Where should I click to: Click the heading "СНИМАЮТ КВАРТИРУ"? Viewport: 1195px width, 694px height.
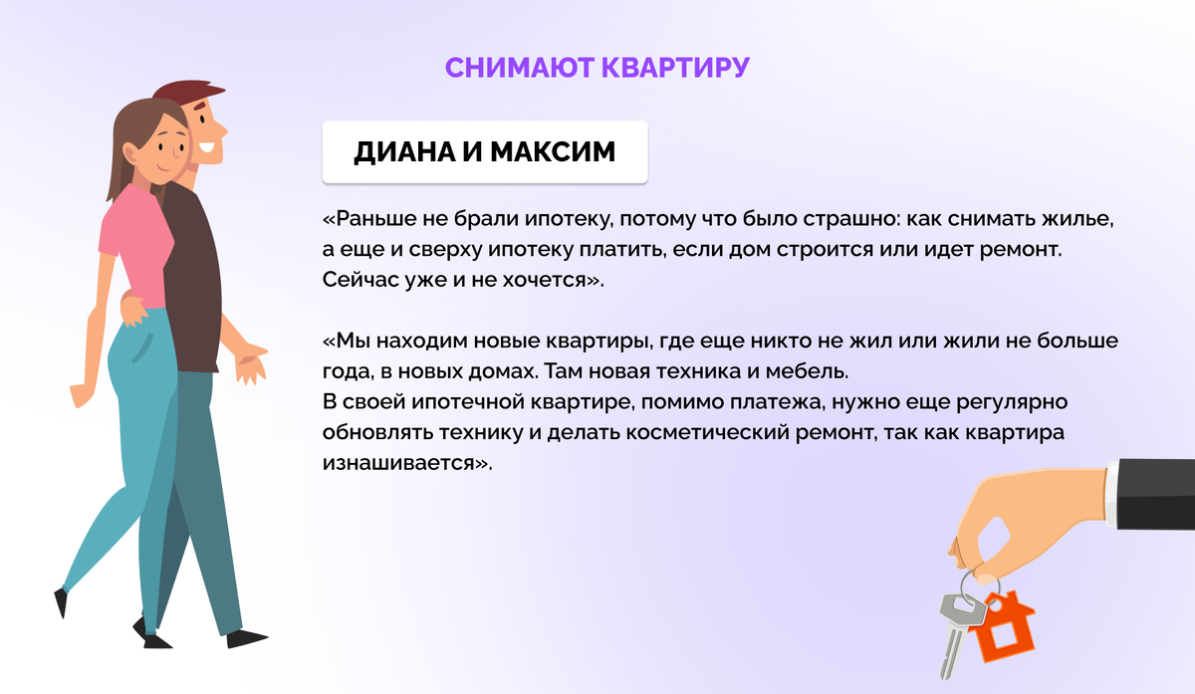click(x=597, y=67)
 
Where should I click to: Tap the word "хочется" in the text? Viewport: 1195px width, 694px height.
click(x=552, y=280)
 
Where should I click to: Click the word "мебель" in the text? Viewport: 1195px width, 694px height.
click(x=811, y=372)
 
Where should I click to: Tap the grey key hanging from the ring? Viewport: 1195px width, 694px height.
click(x=953, y=627)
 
